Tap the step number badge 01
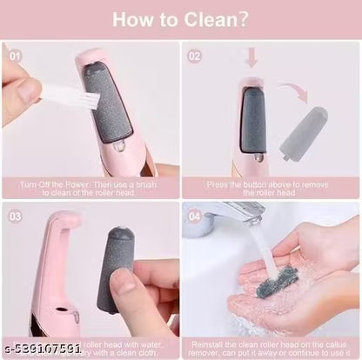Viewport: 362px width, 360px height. pyautogui.click(x=15, y=56)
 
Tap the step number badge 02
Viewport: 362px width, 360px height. pyautogui.click(x=195, y=56)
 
